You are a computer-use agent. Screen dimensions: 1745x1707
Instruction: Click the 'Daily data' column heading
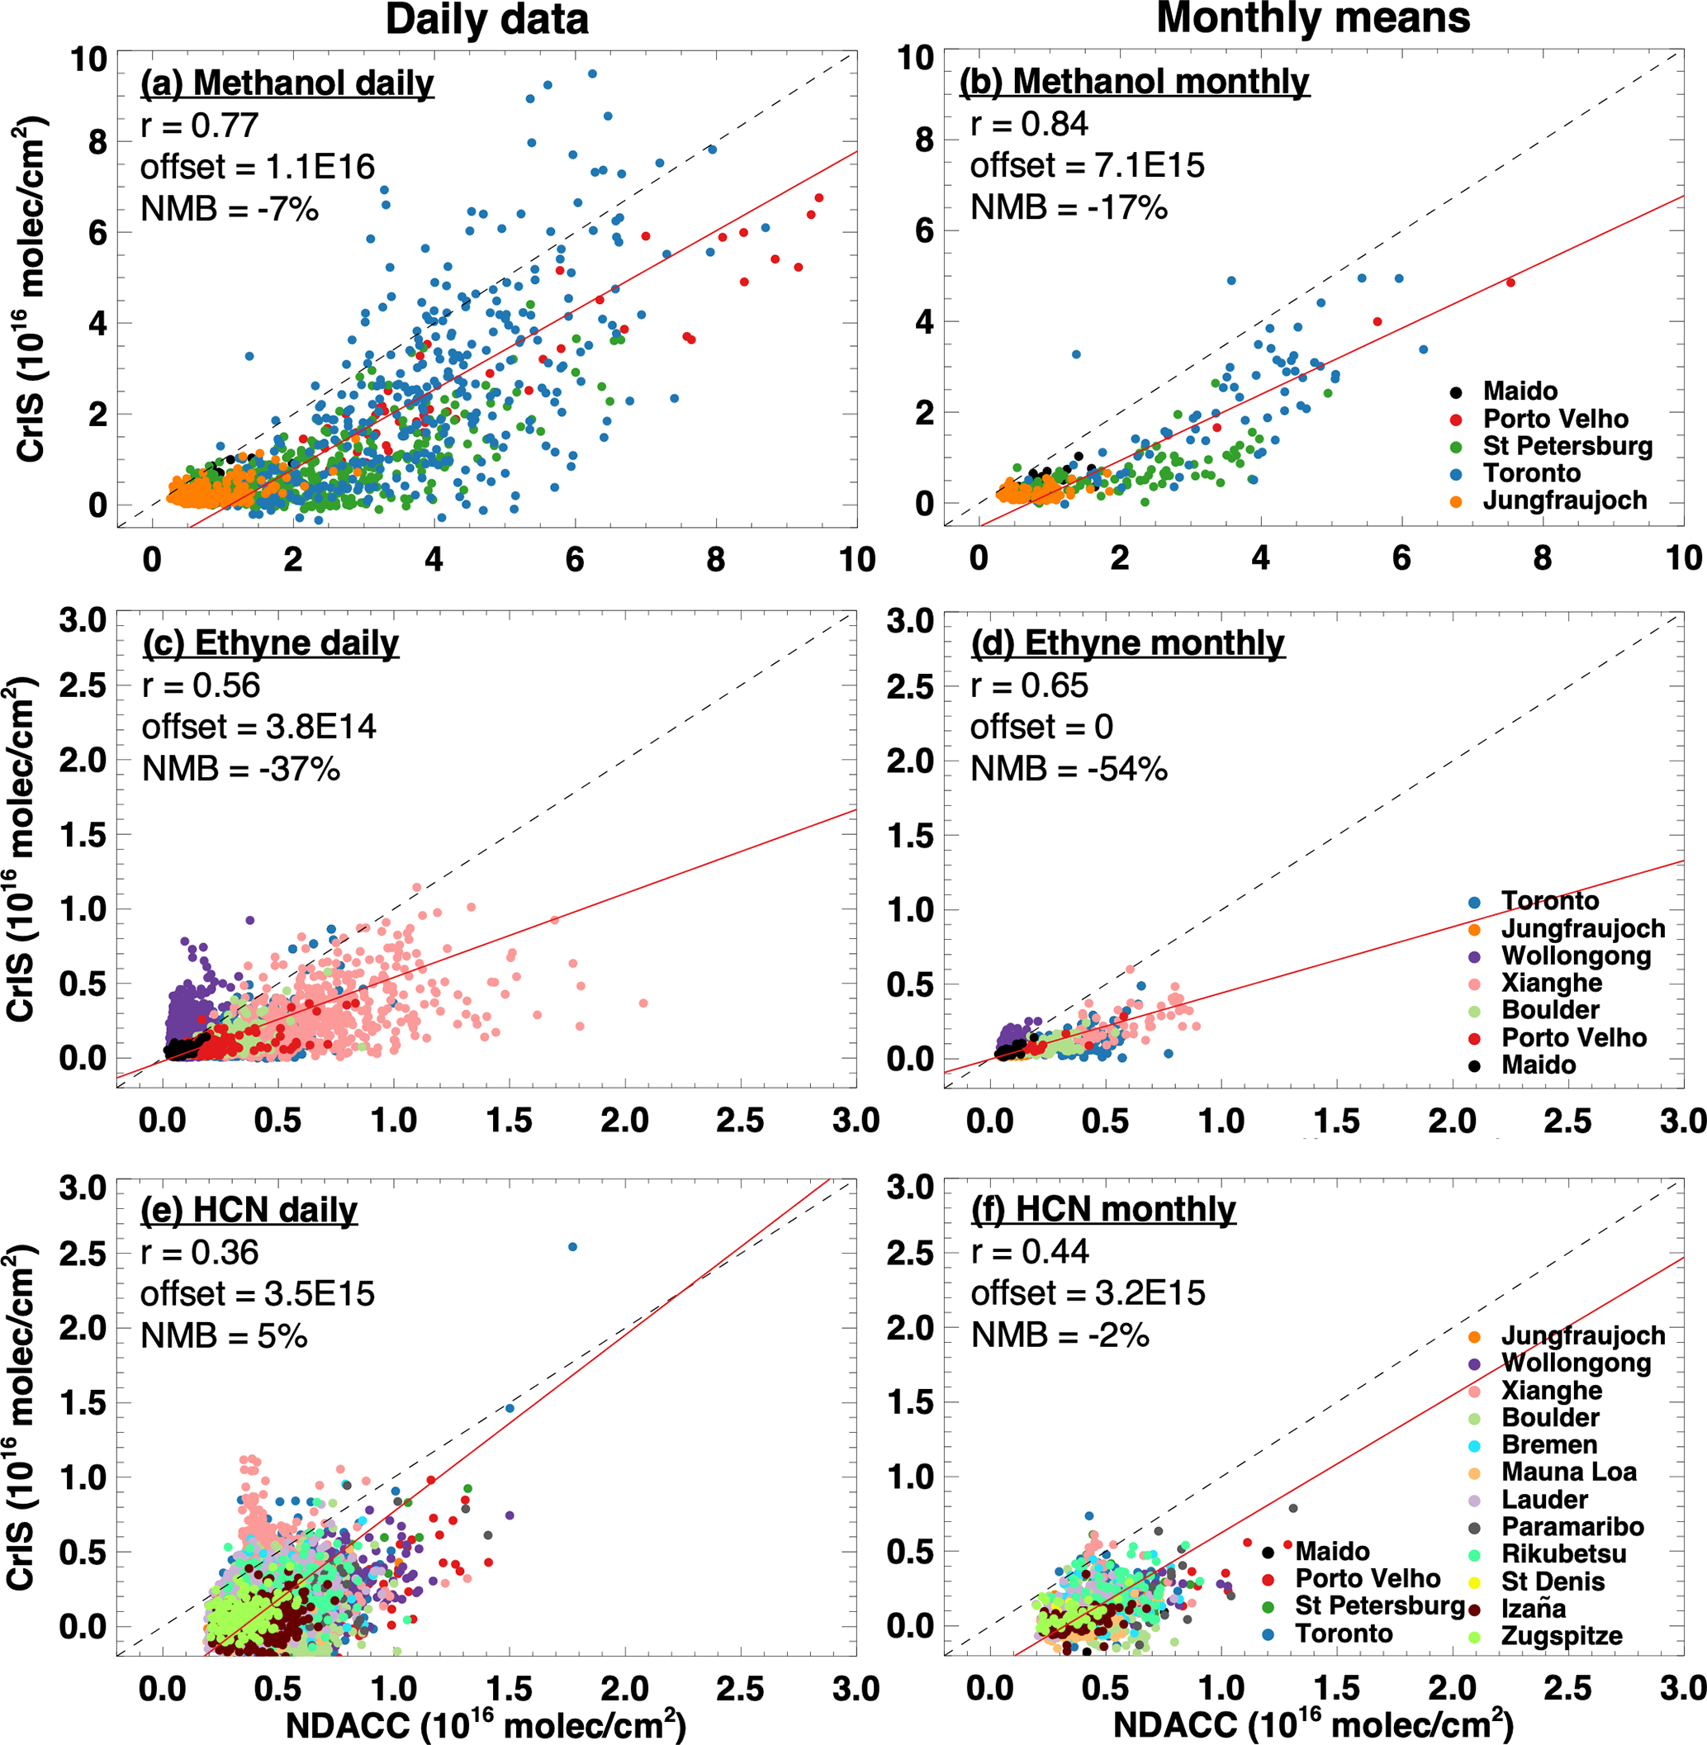point(486,20)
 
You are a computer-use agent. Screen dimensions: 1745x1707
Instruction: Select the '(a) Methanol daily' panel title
point(287,83)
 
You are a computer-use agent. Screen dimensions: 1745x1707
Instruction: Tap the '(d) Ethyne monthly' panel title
point(1128,644)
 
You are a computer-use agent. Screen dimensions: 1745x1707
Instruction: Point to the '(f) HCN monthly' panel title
point(1103,1210)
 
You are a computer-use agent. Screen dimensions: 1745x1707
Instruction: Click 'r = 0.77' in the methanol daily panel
point(199,126)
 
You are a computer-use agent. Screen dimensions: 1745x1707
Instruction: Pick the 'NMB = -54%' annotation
point(1069,770)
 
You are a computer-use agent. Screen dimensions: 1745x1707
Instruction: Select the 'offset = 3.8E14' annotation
point(259,727)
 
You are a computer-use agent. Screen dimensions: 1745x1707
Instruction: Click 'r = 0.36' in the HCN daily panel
point(199,1253)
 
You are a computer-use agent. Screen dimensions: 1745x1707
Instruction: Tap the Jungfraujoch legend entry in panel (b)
point(1563,500)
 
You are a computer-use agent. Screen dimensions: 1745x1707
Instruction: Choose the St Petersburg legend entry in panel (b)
point(1567,446)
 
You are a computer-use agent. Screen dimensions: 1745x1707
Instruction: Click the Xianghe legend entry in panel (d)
point(1551,983)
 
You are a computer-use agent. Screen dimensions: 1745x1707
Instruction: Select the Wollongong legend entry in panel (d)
point(1575,955)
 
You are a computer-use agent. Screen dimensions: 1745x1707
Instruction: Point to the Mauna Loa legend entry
point(1568,1472)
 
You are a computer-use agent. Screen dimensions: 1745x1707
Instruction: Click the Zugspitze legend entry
point(1561,1637)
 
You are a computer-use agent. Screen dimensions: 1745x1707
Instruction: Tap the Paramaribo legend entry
point(1572,1527)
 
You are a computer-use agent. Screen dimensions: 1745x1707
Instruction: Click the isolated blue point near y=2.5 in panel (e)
point(573,1247)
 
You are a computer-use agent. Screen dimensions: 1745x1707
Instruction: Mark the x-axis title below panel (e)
point(486,1724)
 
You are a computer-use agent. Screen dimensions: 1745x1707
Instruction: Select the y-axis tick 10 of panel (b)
point(916,59)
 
